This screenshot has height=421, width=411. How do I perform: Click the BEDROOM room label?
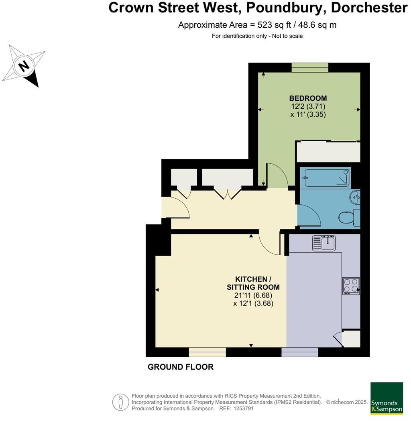(x=308, y=98)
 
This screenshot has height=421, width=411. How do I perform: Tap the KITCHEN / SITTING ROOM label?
(x=253, y=283)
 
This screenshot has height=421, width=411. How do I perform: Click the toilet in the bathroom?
(x=346, y=218)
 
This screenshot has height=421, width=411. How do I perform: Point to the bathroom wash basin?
(x=355, y=197)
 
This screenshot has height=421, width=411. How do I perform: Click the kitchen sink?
(x=324, y=243)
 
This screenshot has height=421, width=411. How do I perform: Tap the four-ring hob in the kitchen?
(x=350, y=286)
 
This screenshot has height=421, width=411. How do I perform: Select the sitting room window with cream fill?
(x=208, y=352)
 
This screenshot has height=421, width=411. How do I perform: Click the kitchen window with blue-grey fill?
(x=300, y=352)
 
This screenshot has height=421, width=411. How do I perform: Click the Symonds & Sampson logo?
(x=386, y=397)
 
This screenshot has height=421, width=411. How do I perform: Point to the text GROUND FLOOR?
(x=181, y=367)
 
